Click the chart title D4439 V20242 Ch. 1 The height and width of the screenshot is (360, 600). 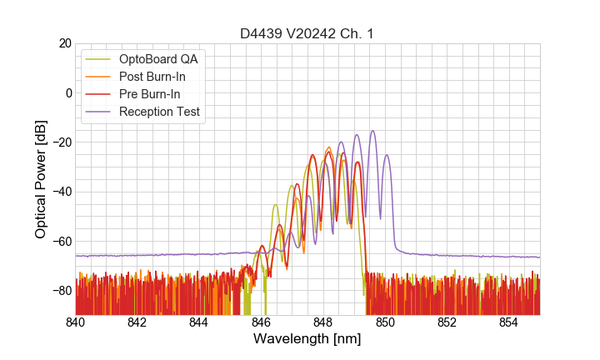[x=307, y=33]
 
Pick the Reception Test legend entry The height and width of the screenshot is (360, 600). [x=159, y=111]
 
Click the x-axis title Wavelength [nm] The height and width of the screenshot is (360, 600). [x=307, y=340]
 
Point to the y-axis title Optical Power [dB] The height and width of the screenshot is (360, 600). [x=41, y=179]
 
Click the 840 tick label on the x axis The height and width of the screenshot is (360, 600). [x=76, y=322]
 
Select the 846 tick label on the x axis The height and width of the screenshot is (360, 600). [x=261, y=322]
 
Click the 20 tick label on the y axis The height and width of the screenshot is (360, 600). [x=65, y=43]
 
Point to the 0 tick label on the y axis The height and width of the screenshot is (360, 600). [x=68, y=92]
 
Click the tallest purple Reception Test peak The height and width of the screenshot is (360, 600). [x=372, y=131]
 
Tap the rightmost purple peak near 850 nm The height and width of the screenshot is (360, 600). [x=387, y=156]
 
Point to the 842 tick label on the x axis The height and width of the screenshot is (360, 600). [x=137, y=322]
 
